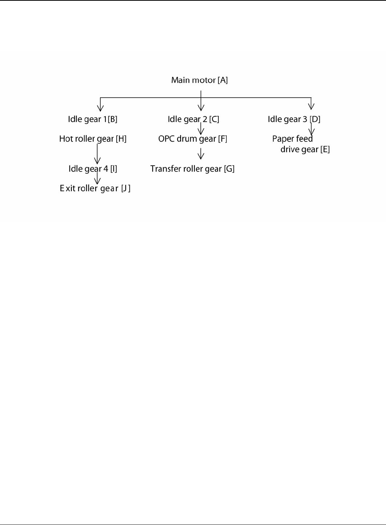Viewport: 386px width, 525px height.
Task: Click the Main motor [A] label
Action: click(x=199, y=80)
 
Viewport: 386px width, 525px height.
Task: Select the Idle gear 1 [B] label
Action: click(x=93, y=119)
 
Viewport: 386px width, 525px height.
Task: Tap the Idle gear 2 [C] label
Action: click(x=193, y=119)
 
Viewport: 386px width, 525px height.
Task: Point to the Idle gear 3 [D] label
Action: click(x=294, y=119)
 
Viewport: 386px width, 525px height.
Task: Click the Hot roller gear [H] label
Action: click(x=93, y=139)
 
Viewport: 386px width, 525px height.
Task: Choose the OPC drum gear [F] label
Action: click(x=193, y=139)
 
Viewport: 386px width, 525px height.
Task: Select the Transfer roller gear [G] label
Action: click(x=192, y=169)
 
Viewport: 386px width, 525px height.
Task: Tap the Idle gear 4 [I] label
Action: click(x=93, y=169)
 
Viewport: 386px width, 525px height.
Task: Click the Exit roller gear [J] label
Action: click(x=95, y=188)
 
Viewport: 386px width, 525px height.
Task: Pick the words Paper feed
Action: click(x=292, y=139)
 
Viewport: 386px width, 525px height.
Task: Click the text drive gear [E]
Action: click(x=305, y=149)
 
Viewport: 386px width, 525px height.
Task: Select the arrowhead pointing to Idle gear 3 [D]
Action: click(x=311, y=106)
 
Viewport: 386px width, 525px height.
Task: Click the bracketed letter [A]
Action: click(x=222, y=80)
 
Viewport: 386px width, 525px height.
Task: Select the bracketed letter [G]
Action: click(x=229, y=169)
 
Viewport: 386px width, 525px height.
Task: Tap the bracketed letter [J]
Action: click(x=126, y=188)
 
